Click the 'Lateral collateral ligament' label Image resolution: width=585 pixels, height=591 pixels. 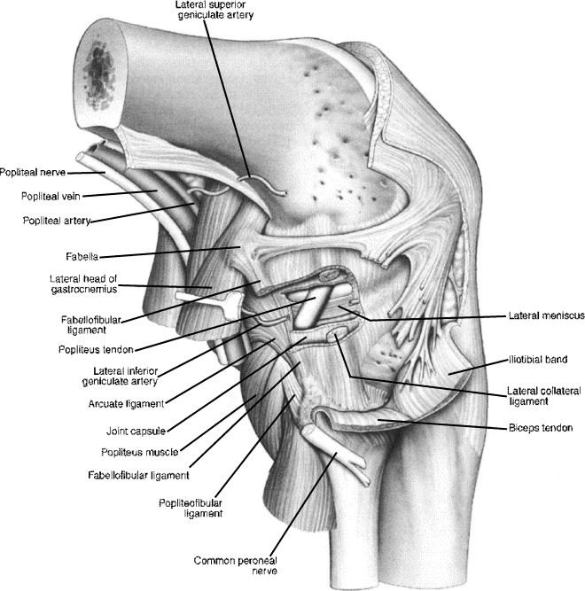[541, 394]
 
